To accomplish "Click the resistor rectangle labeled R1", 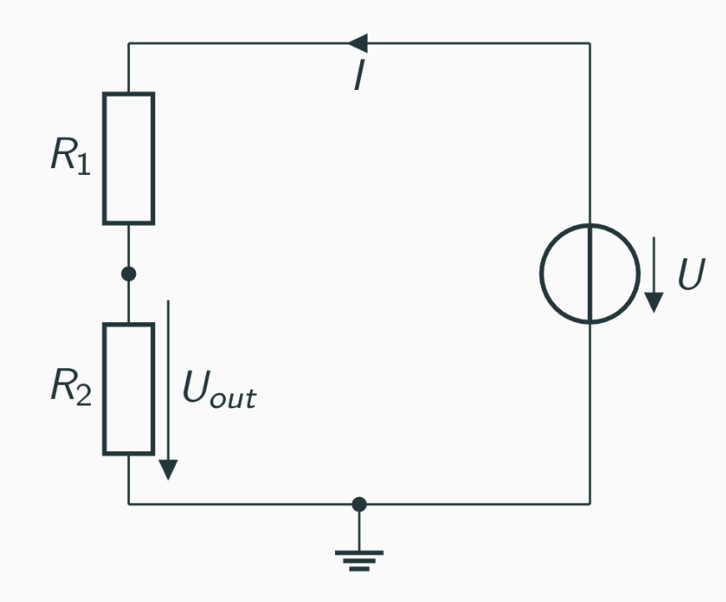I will coord(128,158).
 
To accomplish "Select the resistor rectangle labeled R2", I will coord(128,389).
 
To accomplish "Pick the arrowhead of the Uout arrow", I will coord(168,470).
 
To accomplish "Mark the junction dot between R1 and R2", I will coord(128,273).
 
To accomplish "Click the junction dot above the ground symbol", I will coord(359,504).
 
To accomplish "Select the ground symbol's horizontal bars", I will coord(359,560).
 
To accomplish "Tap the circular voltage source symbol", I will coord(590,273).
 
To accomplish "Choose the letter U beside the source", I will coord(691,275).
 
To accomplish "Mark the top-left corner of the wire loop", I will coord(128,42).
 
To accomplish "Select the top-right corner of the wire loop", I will coord(590,42).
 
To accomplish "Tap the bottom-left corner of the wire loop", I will coord(128,504).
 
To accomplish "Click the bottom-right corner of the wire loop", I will coord(590,504).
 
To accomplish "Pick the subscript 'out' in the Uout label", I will coord(233,399).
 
